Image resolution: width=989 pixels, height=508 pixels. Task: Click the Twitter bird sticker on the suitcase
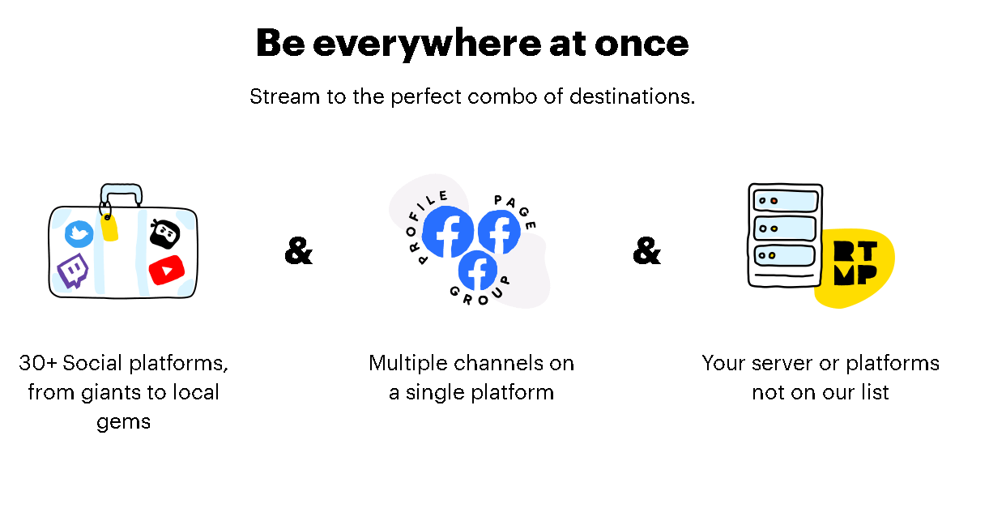point(79,234)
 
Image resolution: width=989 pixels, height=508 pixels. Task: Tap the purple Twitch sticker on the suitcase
point(73,271)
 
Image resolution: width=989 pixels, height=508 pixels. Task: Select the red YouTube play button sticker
point(167,270)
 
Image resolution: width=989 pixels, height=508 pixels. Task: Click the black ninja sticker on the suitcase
point(164,234)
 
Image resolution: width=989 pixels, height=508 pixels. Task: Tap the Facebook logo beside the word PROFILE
point(448,233)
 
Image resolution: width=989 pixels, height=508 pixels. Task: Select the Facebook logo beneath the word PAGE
point(499,232)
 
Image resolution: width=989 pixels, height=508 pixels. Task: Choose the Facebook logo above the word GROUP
point(478,270)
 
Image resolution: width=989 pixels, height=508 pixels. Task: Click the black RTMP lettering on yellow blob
point(855,264)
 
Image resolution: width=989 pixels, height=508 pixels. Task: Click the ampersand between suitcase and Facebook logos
point(298,252)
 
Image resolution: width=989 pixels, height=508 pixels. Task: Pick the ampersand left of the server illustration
point(646,252)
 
